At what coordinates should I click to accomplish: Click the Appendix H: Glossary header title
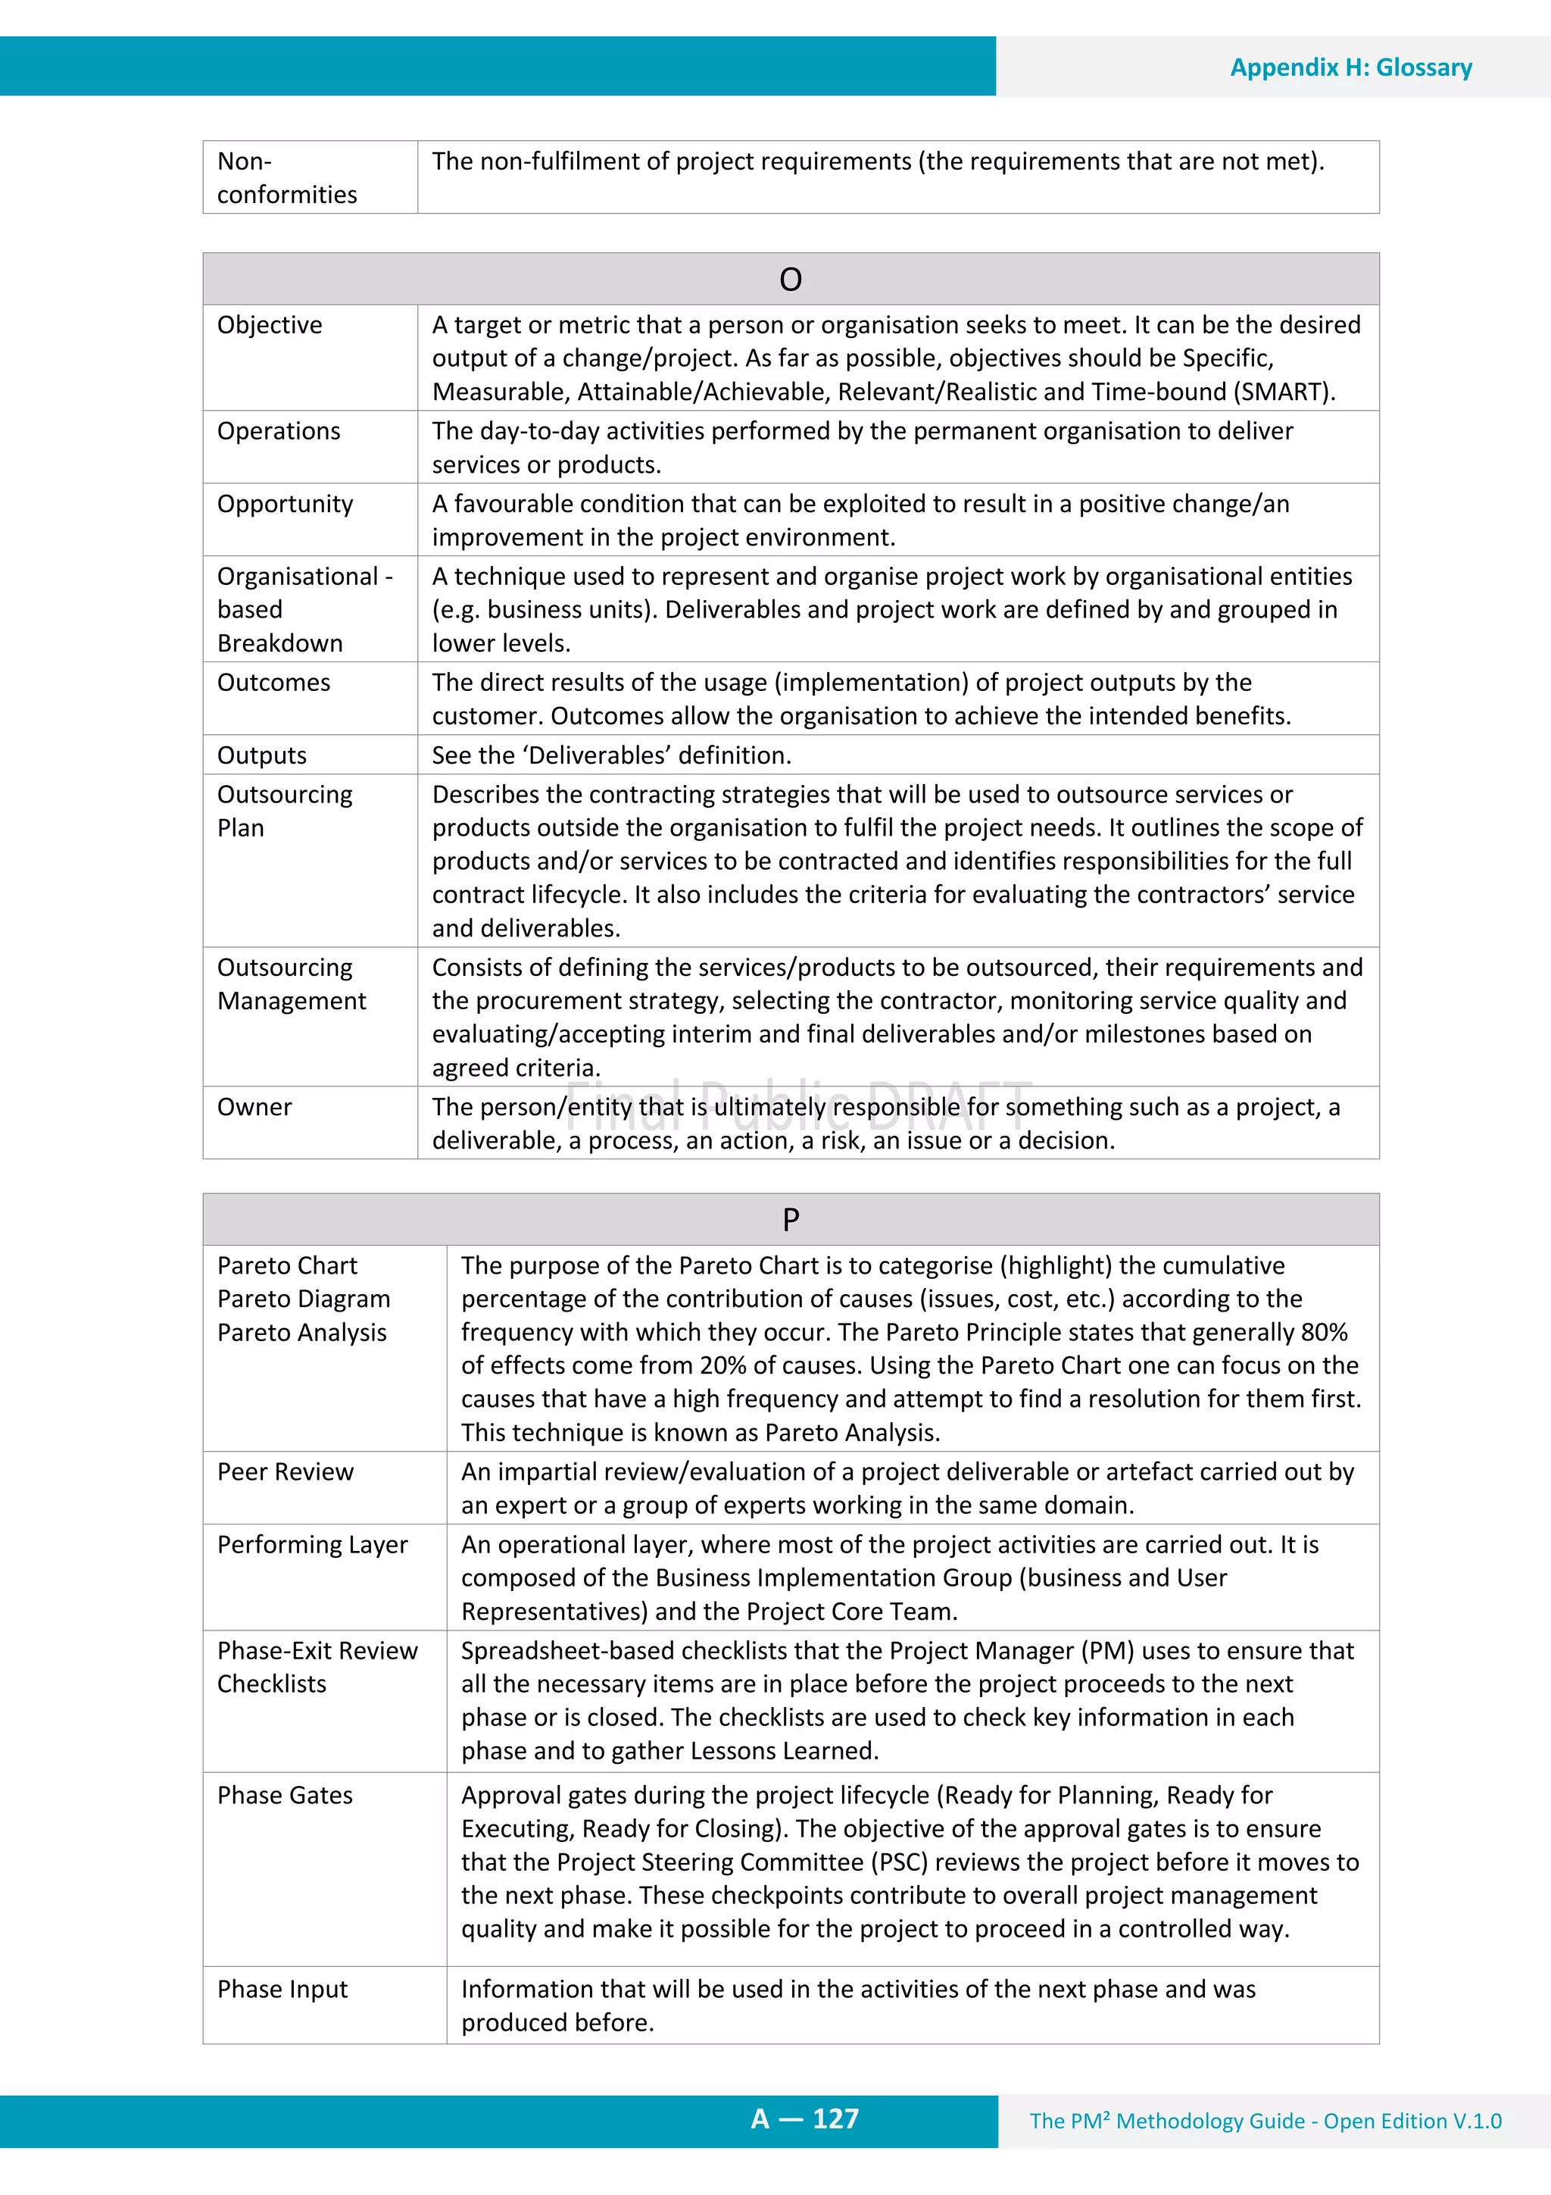point(1350,68)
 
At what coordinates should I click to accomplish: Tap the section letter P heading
point(791,1220)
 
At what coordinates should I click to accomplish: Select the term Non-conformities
point(287,178)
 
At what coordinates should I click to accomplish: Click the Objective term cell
point(270,325)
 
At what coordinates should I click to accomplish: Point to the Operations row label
point(278,431)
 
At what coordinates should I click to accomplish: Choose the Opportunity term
point(285,504)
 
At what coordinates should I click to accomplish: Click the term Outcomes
point(273,683)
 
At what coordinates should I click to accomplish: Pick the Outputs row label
point(262,755)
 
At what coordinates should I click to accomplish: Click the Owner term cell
point(254,1107)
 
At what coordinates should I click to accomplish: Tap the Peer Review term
point(285,1471)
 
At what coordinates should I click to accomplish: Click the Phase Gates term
point(285,1796)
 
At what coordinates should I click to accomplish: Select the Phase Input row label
point(282,1990)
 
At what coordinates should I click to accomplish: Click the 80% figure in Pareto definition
point(1324,1333)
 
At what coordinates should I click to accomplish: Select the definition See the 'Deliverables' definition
point(612,755)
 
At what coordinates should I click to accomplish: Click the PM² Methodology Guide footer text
point(1264,2122)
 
